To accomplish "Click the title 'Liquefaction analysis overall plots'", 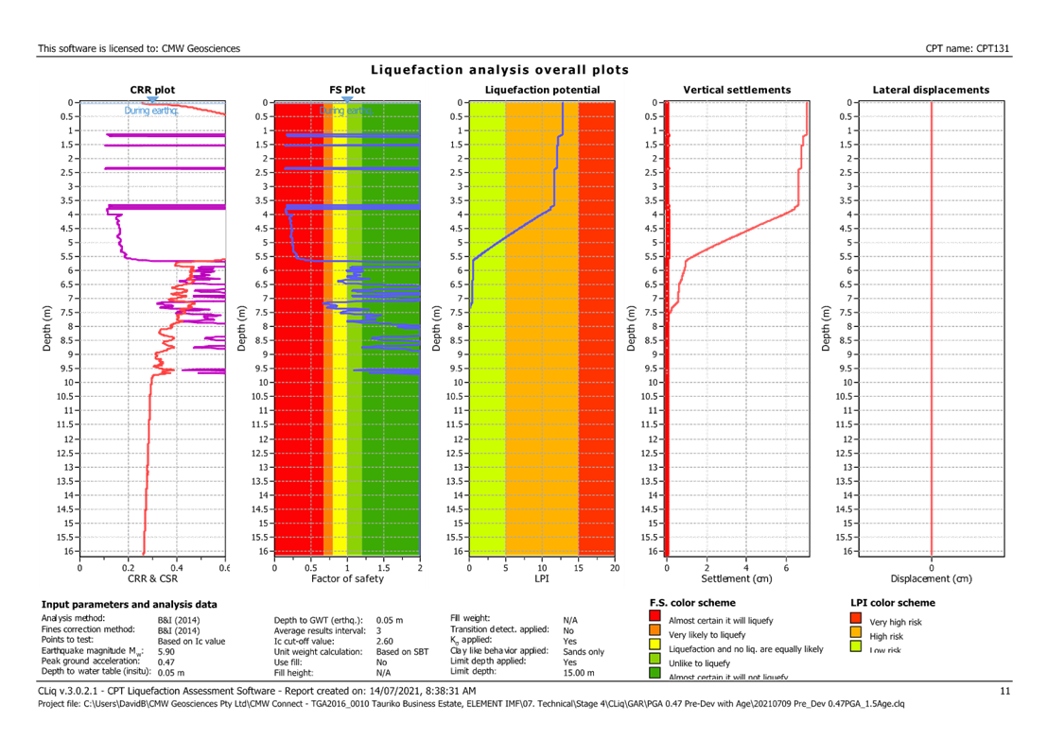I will pyautogui.click(x=499, y=70).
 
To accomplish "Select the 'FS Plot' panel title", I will pyautogui.click(x=347, y=90).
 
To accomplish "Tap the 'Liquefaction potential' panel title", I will pyautogui.click(x=541, y=90).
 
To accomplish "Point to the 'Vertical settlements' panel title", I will pyautogui.click(x=737, y=90).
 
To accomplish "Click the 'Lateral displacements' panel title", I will pyautogui.click(x=931, y=90).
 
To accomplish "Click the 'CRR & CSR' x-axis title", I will pyautogui.click(x=151, y=577).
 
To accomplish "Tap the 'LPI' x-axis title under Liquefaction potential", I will pyautogui.click(x=542, y=577).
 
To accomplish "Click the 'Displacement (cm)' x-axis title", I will pyautogui.click(x=931, y=577).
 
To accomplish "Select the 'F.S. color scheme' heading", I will pyautogui.click(x=693, y=603).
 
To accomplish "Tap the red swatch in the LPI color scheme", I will pyautogui.click(x=856, y=620).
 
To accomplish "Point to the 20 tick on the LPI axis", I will pyautogui.click(x=614, y=568).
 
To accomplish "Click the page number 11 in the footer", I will pyautogui.click(x=1004, y=692).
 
